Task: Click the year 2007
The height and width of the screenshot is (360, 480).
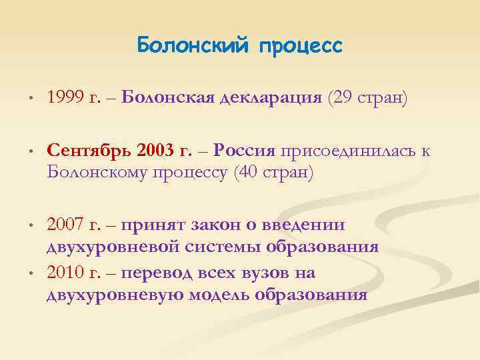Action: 67,225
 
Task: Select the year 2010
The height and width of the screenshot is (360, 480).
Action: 67,273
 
